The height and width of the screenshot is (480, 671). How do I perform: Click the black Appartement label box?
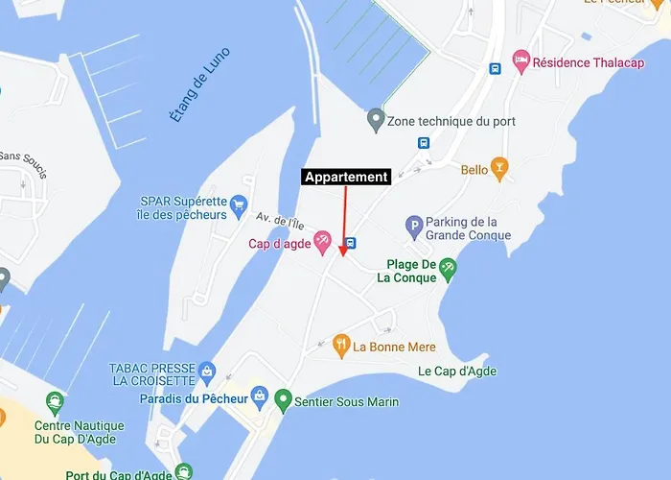[x=346, y=177]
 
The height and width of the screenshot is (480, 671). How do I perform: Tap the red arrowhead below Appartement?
[x=343, y=252]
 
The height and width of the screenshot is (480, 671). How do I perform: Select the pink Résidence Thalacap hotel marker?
[x=521, y=61]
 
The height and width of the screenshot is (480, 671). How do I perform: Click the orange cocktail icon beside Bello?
[x=498, y=169]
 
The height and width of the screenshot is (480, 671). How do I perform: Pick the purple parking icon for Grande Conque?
[x=414, y=228]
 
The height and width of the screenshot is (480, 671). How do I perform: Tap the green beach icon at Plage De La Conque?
[x=448, y=270]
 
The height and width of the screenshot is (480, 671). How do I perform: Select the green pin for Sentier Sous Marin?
[x=283, y=399]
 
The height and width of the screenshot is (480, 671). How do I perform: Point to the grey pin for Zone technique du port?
[x=376, y=121]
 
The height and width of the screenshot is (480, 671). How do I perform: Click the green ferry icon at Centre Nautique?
[x=55, y=401]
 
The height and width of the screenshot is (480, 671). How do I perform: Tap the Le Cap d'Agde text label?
[x=457, y=372]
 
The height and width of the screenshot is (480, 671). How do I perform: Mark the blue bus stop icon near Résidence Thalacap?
[x=495, y=68]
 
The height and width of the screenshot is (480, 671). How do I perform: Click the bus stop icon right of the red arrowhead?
[x=352, y=244]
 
